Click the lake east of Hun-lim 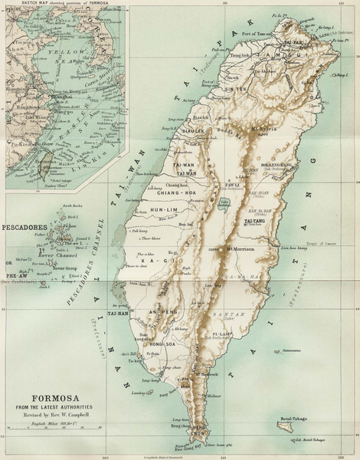point(224,204)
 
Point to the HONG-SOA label point(163,344)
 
